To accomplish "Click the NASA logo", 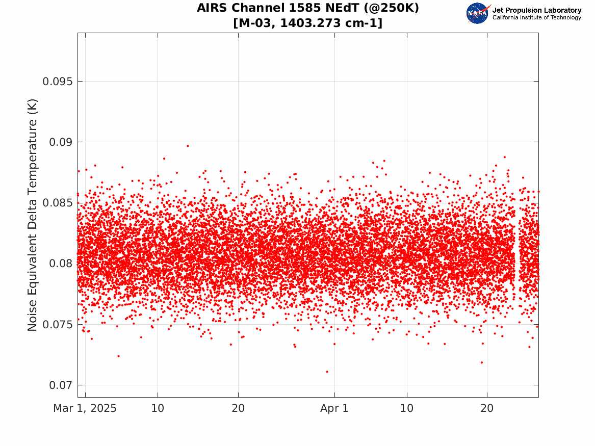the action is coord(478,13).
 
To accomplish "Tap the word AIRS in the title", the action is coord(212,8).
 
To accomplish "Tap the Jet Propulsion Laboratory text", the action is coord(536,10).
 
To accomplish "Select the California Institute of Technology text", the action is coord(536,17).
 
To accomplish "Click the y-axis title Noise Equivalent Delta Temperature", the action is coord(32,216).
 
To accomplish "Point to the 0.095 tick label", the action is coord(57,82).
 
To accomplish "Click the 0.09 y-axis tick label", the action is coord(61,142).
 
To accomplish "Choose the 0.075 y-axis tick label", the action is coord(57,325).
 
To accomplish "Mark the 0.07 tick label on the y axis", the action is coord(61,385).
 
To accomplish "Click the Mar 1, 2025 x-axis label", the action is coord(85,408).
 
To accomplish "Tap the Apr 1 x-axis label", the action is coord(334,408).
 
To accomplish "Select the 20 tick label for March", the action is coord(238,408).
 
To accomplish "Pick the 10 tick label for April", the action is coord(407,408).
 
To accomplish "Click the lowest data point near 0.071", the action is coord(327,372).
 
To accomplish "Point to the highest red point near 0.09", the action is coord(188,146).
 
